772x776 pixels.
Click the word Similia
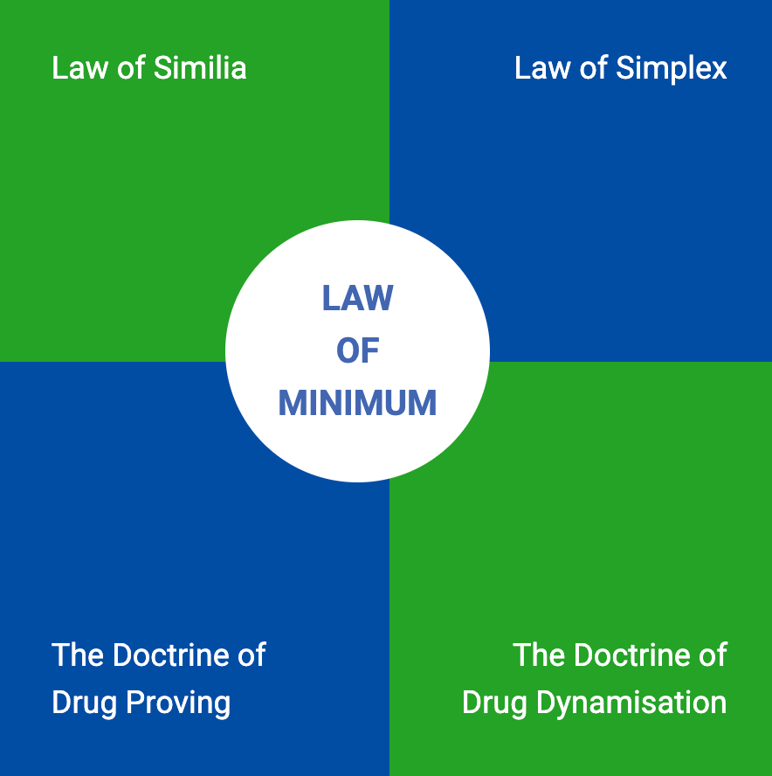click(199, 68)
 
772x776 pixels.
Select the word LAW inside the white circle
click(357, 298)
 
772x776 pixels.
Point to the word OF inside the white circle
click(357, 350)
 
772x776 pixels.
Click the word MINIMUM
click(357, 403)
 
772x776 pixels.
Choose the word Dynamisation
click(641, 703)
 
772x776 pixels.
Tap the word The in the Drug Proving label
click(73, 655)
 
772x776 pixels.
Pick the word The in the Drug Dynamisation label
click(534, 655)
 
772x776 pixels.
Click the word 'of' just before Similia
click(131, 68)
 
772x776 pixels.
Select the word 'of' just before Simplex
click(594, 68)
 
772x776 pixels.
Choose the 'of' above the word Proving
click(251, 655)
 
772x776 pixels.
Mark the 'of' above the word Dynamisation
click(713, 655)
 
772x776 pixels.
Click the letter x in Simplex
click(719, 69)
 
